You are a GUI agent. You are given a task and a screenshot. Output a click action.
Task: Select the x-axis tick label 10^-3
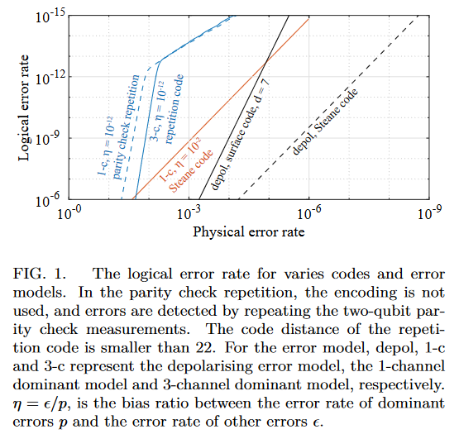click(189, 212)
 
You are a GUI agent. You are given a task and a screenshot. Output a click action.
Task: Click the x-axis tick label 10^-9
click(429, 212)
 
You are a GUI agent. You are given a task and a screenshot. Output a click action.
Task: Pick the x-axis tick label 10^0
click(69, 212)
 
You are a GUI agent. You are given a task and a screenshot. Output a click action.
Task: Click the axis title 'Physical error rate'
click(249, 232)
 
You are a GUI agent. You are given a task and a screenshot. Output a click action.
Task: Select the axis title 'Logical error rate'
click(23, 107)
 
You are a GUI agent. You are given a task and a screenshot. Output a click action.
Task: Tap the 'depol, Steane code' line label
click(325, 122)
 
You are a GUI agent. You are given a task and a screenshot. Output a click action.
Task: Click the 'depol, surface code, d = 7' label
click(240, 134)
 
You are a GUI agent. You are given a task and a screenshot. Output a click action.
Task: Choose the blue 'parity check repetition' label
click(126, 126)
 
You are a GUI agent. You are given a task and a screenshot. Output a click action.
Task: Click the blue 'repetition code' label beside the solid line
click(175, 109)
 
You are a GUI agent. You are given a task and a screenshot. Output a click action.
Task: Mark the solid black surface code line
click(244, 107)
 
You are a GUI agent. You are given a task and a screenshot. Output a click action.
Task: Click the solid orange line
click(221, 109)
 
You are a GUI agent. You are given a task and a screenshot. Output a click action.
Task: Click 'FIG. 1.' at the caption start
click(39, 274)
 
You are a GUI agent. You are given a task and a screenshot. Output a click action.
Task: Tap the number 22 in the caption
click(205, 348)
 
